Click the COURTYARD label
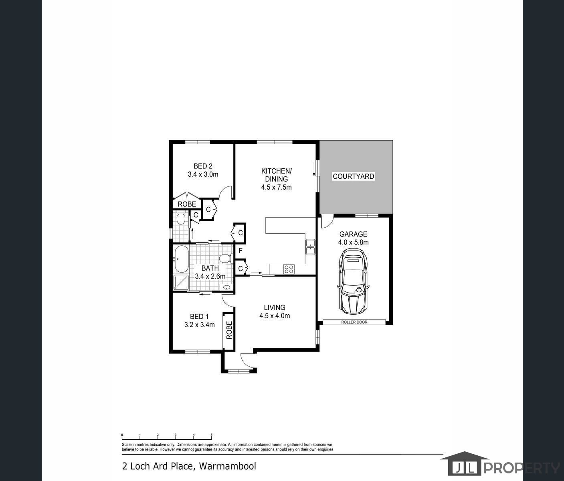[354, 176]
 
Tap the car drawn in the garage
[354, 282]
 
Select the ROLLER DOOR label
[354, 322]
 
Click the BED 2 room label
[203, 166]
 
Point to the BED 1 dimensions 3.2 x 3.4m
[200, 325]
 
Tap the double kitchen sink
[310, 247]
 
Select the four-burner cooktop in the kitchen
[289, 269]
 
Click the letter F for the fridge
[241, 251]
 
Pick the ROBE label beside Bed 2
[187, 204]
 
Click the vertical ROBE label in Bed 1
[229, 330]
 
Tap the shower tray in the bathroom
[181, 282]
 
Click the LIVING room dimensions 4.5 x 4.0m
[275, 316]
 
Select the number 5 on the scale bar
[212, 435]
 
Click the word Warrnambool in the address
[228, 466]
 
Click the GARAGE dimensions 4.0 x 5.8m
[354, 242]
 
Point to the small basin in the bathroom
[226, 287]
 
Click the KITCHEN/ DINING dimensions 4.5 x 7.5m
[277, 188]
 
